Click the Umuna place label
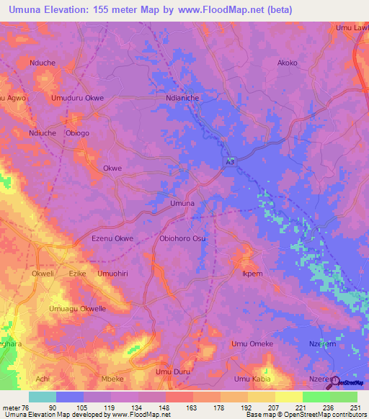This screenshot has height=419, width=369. (x=182, y=204)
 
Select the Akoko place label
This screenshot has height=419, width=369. (x=288, y=63)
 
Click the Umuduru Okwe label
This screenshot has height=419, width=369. (x=77, y=98)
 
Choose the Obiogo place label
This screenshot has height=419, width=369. (x=77, y=133)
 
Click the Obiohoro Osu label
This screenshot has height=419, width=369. (x=182, y=238)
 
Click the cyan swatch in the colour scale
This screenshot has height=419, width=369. (x=42, y=397)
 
